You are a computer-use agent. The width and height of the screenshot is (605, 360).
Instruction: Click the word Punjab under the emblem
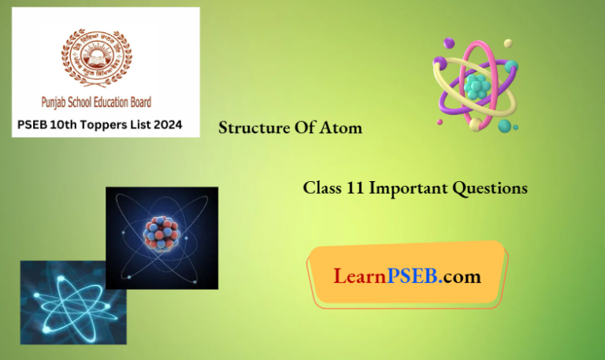click(59, 102)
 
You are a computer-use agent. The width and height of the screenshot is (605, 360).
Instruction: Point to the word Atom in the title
click(343, 128)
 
